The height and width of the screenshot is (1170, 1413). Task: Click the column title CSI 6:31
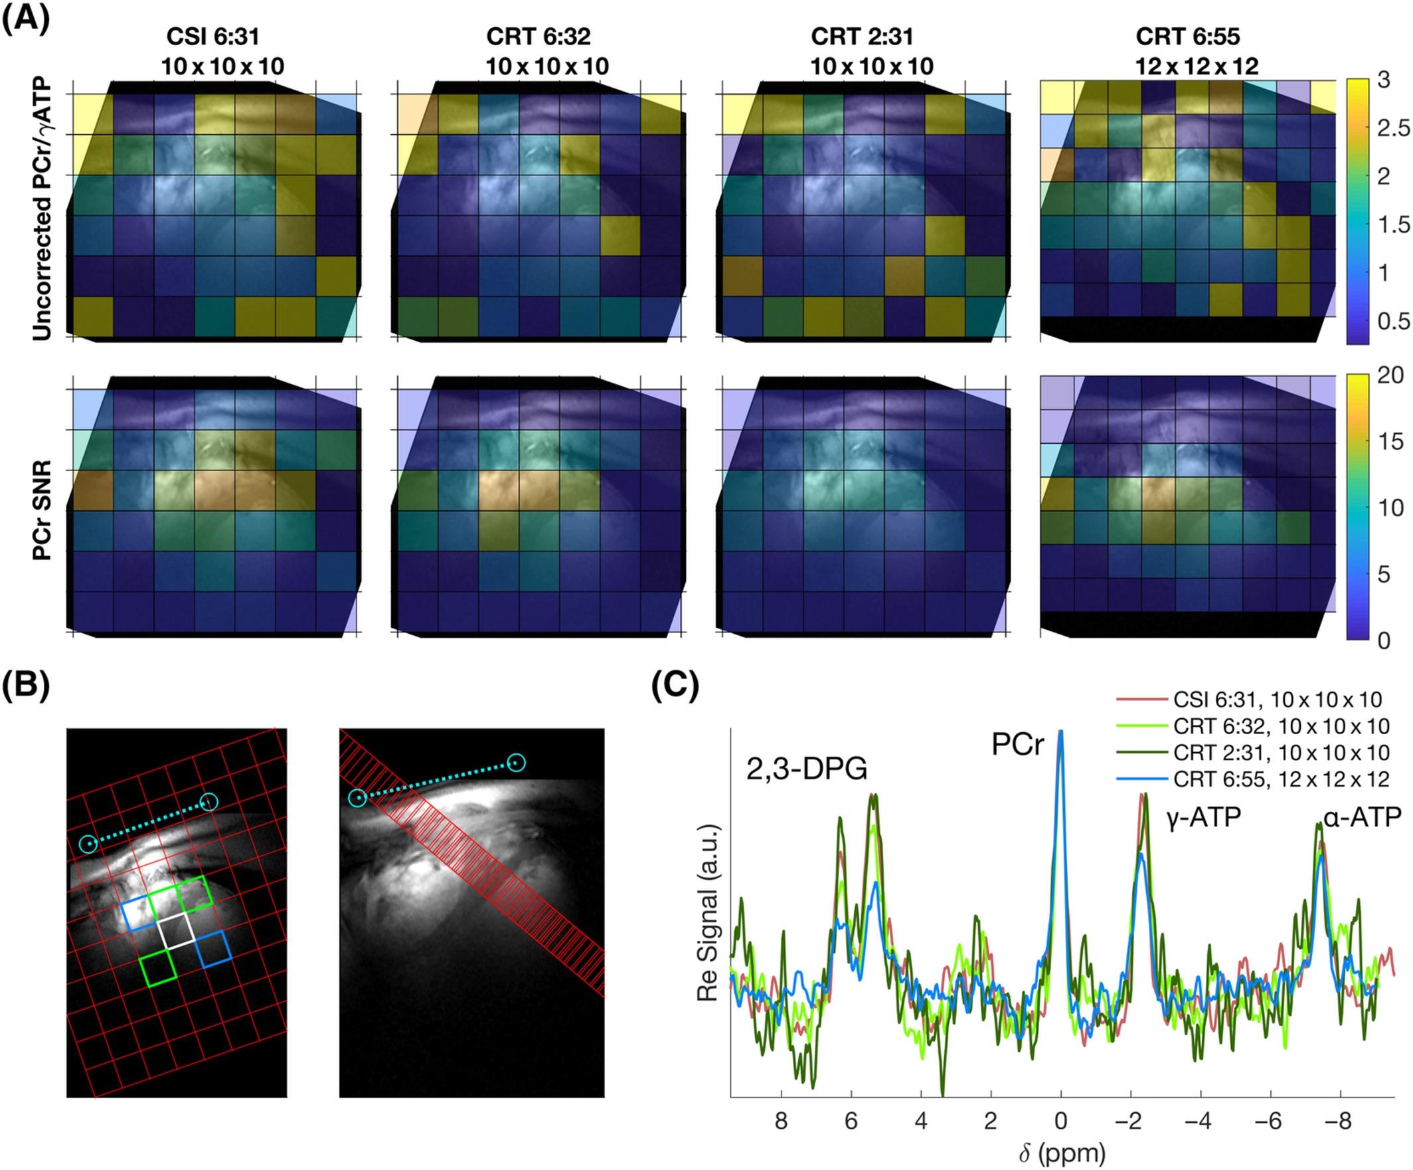214,37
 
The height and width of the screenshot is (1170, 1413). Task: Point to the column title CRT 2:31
863,37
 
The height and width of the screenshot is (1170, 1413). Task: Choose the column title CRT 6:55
1189,37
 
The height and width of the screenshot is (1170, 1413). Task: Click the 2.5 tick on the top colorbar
1392,128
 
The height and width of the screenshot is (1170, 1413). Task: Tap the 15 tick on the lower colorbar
1391,442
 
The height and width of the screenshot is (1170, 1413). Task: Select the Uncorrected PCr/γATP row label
44,209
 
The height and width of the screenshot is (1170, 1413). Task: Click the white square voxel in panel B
176,931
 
